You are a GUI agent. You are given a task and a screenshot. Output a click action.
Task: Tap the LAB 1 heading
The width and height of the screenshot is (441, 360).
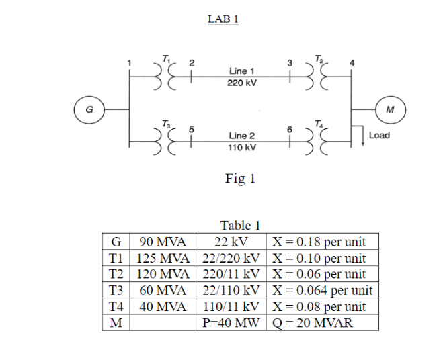pyautogui.click(x=223, y=19)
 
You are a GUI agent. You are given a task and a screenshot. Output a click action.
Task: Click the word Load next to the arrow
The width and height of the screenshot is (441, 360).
pyautogui.click(x=379, y=135)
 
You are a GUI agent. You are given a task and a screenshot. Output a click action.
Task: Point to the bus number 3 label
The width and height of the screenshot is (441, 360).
pyautogui.click(x=289, y=62)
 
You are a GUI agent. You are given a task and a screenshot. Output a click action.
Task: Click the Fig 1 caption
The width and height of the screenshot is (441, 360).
pyautogui.click(x=240, y=179)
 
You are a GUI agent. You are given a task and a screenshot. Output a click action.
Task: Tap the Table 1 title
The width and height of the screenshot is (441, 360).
pyautogui.click(x=240, y=226)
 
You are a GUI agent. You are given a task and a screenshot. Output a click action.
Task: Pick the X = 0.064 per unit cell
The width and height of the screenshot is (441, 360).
pyautogui.click(x=322, y=291)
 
